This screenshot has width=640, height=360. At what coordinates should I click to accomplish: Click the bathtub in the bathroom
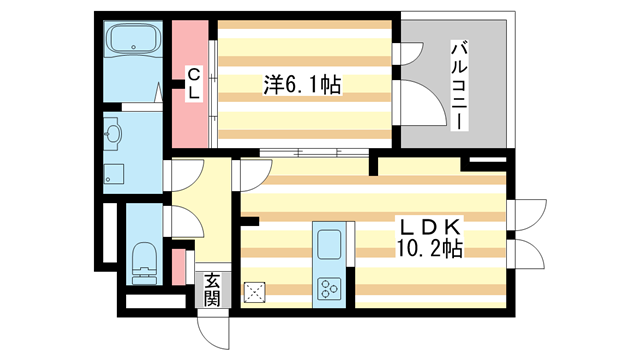point(133,43)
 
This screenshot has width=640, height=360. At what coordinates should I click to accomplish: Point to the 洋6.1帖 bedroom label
point(303,86)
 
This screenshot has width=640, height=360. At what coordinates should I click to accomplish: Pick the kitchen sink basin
point(329,244)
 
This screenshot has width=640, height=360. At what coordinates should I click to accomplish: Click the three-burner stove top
point(329,289)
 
